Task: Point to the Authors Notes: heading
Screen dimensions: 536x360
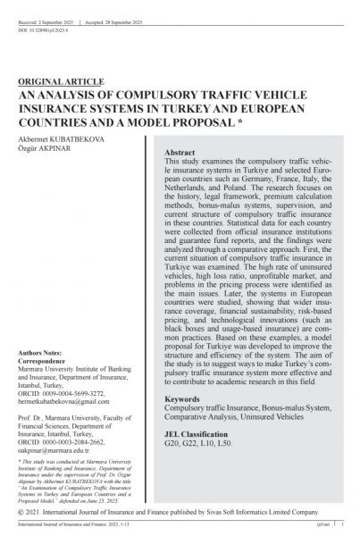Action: click(x=44, y=356)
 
